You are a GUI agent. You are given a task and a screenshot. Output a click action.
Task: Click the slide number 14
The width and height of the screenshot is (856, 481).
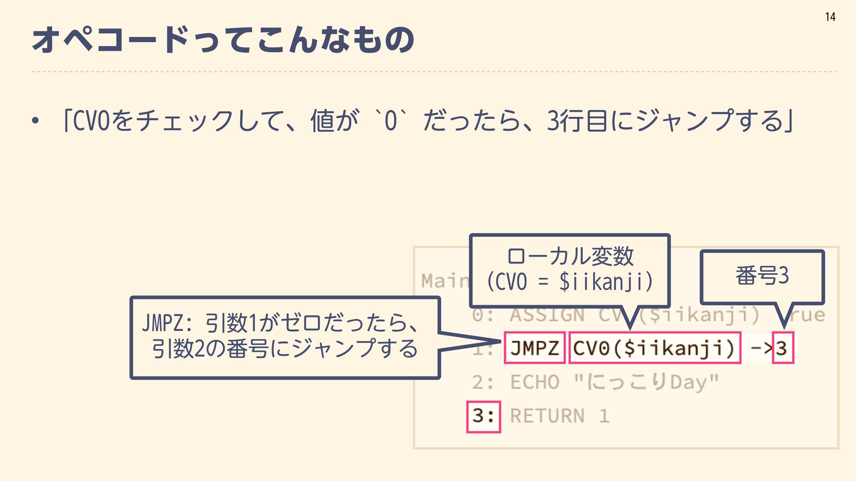tap(830, 17)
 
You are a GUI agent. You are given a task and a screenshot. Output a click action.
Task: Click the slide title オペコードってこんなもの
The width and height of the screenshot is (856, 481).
tap(223, 40)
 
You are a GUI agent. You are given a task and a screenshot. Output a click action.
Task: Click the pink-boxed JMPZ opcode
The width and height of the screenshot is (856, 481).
tap(535, 348)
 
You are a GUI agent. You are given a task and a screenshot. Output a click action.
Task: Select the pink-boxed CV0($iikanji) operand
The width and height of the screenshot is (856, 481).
tap(654, 348)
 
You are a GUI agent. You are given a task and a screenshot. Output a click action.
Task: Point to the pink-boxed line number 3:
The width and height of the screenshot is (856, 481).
tap(483, 416)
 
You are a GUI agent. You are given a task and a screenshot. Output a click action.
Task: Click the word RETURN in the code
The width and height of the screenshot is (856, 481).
tap(547, 416)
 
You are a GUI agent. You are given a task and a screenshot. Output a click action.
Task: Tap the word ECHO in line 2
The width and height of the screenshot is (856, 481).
tap(535, 382)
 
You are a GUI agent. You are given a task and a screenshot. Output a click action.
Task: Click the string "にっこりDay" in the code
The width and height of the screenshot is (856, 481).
tap(646, 382)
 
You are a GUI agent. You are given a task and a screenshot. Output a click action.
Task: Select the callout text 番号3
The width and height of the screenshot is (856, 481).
tap(762, 276)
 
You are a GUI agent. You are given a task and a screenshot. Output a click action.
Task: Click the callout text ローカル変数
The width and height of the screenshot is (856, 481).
tap(570, 257)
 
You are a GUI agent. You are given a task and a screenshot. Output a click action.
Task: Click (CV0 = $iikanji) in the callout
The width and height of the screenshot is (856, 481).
tap(570, 282)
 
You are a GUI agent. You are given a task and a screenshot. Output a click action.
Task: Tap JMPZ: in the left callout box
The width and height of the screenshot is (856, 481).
tap(167, 323)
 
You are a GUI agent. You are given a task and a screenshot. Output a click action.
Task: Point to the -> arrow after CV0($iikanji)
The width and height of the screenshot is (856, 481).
tap(761, 348)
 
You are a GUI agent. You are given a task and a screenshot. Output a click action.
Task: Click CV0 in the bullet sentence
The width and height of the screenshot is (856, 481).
tap(91, 120)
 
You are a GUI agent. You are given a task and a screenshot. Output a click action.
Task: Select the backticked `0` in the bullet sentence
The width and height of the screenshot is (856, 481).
tap(391, 120)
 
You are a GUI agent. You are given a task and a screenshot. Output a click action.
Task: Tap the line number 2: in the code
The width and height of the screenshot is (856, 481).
tap(483, 382)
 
